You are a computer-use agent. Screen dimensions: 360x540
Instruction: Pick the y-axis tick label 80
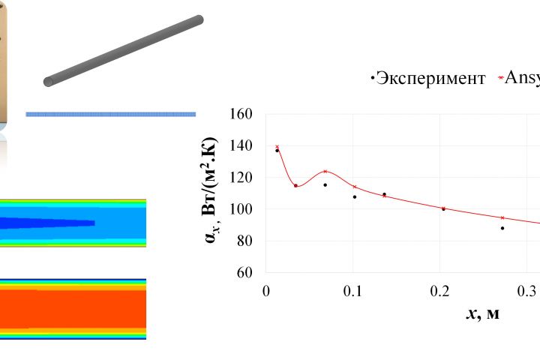click(x=247, y=241)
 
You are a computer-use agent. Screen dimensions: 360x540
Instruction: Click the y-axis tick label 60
click(x=247, y=272)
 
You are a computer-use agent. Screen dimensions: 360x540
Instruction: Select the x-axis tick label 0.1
click(x=353, y=291)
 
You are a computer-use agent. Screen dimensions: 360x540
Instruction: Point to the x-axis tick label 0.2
click(x=440, y=291)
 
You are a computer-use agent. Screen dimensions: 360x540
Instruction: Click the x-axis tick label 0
click(x=266, y=291)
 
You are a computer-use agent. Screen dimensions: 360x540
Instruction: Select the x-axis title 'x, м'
click(x=483, y=313)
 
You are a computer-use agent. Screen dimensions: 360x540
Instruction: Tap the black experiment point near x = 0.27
click(x=502, y=228)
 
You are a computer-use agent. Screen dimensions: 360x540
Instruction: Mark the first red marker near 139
click(x=277, y=147)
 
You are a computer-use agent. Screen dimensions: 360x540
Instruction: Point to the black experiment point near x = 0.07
click(x=325, y=184)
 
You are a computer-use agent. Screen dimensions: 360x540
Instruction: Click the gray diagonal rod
click(x=124, y=51)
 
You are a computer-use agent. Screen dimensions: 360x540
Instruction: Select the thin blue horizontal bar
click(x=111, y=114)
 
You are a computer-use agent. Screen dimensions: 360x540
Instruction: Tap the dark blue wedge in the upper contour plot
click(x=45, y=223)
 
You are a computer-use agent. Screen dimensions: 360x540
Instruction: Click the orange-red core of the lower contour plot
click(x=75, y=308)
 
